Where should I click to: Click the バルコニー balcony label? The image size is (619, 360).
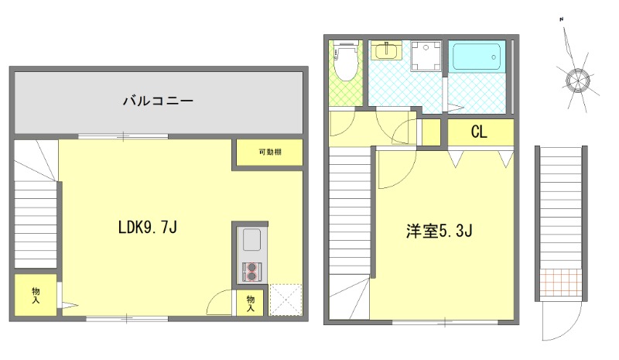coord(157,101)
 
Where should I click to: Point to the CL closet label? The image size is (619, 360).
coord(479,132)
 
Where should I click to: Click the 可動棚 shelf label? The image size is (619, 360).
coord(269,153)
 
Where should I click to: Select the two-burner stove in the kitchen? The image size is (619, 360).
coord(252,271)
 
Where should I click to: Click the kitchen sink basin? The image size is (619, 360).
coord(252,241)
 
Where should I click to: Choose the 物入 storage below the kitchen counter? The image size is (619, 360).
coord(251,303)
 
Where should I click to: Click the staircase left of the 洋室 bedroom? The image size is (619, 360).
coord(349,216)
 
